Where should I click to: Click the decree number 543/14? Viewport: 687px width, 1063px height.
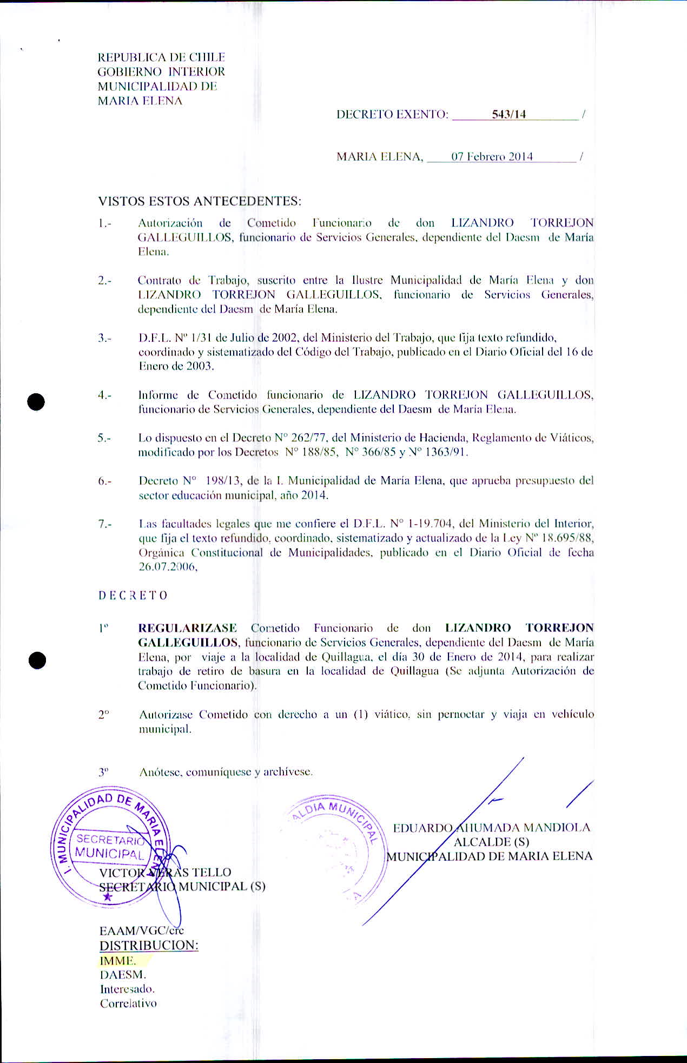click(508, 115)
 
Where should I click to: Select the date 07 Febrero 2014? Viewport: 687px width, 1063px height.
click(492, 157)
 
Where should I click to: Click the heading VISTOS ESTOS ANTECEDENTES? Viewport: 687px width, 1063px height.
click(200, 201)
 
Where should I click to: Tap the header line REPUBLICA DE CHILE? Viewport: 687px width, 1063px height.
click(161, 57)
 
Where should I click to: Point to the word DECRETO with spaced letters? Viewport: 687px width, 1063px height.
click(133, 596)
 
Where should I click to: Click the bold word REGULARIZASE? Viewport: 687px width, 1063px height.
click(188, 628)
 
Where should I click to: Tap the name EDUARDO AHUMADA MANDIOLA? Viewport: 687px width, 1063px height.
click(491, 828)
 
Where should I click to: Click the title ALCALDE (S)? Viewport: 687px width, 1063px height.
click(491, 842)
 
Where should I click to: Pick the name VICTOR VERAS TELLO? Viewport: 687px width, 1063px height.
click(165, 872)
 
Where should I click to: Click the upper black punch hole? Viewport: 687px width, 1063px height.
click(36, 402)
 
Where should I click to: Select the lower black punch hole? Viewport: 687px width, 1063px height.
click(36, 661)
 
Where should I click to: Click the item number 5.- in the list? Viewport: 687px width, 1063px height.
click(104, 438)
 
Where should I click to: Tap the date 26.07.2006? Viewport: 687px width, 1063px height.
click(168, 567)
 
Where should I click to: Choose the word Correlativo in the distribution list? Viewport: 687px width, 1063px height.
click(128, 1003)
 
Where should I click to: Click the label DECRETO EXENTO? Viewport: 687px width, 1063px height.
click(392, 115)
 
